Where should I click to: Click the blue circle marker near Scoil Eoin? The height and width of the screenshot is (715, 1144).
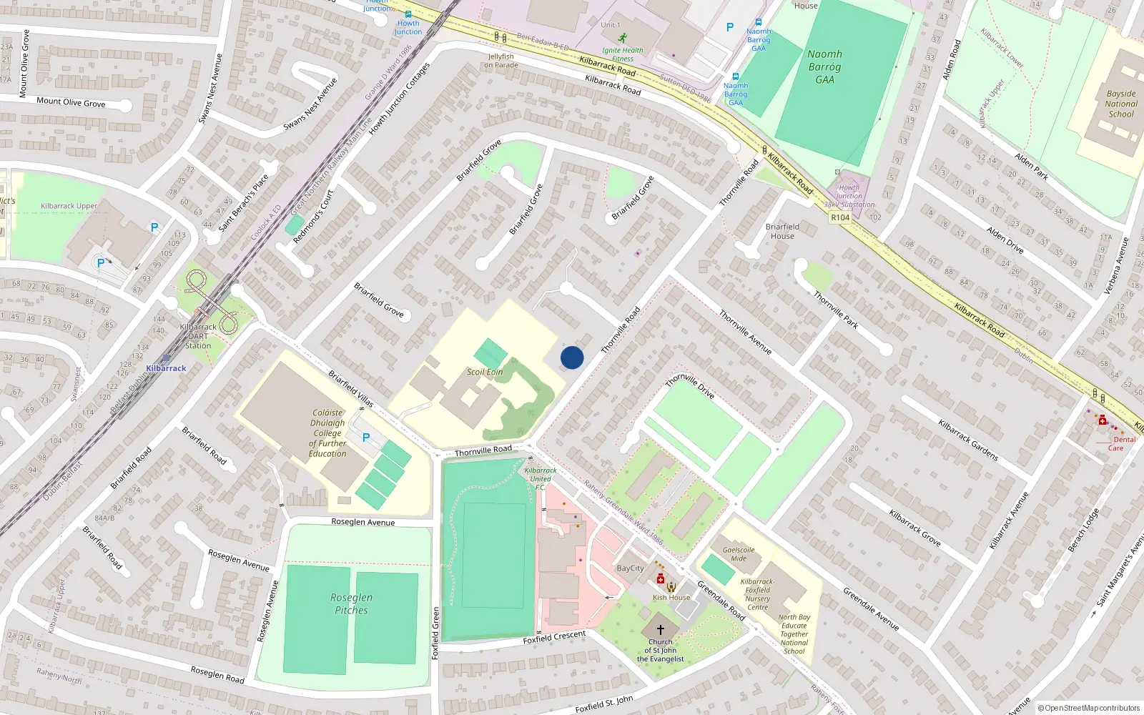click(572, 357)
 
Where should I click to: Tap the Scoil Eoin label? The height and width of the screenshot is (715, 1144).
click(485, 372)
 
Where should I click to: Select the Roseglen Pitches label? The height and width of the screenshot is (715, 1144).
click(351, 603)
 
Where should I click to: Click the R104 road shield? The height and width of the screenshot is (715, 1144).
click(840, 217)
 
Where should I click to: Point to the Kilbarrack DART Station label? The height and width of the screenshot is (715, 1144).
click(198, 336)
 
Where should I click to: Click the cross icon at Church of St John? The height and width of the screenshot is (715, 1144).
click(660, 630)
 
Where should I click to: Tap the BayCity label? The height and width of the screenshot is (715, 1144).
click(630, 568)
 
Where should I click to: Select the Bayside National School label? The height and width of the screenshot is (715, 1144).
click(1120, 104)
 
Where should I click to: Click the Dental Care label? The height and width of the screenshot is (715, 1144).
click(1120, 444)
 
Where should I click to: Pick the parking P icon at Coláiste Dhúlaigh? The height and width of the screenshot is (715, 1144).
click(366, 438)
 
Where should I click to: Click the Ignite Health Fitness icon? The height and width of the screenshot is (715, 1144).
click(623, 38)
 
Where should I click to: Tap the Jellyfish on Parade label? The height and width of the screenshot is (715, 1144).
click(500, 61)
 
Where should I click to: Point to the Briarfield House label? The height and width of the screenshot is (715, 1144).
click(782, 231)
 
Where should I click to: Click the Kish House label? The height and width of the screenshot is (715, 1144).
click(671, 598)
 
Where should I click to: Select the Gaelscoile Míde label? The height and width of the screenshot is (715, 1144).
click(739, 554)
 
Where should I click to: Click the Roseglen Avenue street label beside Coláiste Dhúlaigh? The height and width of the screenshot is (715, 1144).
click(363, 522)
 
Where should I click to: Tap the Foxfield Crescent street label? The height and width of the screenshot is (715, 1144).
click(554, 636)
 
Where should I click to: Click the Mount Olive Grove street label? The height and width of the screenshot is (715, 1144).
click(71, 102)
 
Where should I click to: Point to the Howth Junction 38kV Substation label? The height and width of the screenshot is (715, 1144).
click(849, 196)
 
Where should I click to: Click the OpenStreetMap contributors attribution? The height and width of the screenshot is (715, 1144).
click(1089, 709)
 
